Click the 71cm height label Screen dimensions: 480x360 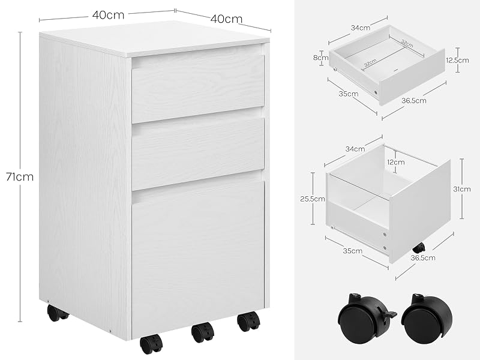click(20, 177)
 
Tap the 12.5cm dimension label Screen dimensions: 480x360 click(457, 60)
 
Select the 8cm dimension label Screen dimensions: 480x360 click(321, 57)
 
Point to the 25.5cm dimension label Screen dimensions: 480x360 click(313, 199)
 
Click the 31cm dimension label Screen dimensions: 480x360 click(462, 189)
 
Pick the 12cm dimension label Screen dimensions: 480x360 click(396, 162)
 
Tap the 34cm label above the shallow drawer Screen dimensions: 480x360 click(361, 28)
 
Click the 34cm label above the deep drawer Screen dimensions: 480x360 click(355, 149)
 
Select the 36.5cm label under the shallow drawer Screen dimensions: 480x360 click(414, 100)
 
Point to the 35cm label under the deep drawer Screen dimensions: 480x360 click(353, 251)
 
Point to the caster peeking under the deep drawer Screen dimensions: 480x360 click(419, 247)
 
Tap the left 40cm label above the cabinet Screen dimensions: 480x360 click(109, 14)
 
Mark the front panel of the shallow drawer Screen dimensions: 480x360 click(412, 77)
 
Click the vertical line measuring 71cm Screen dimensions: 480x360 click(20, 177)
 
